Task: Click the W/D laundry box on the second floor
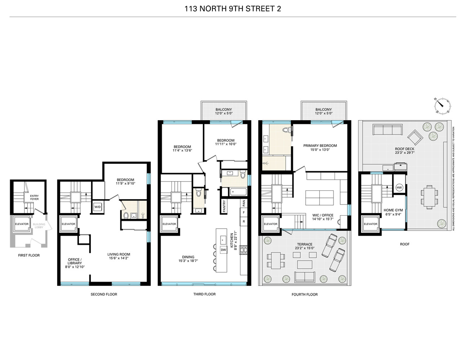click(x=97, y=207)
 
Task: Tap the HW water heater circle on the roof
click(x=399, y=188)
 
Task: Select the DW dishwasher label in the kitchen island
click(x=223, y=249)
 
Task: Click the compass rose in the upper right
click(x=442, y=105)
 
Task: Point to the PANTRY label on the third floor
click(x=224, y=207)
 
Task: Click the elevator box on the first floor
click(x=22, y=224)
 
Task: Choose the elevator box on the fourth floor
click(x=270, y=224)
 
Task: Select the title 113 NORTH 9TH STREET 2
click(x=233, y=9)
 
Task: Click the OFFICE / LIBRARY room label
click(x=75, y=261)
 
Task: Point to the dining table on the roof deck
click(x=429, y=197)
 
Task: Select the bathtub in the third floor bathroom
click(x=234, y=192)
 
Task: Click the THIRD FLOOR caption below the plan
click(x=204, y=294)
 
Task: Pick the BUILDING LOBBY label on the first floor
click(x=39, y=226)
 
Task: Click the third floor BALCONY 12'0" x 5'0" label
click(x=224, y=111)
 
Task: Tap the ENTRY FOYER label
click(x=34, y=197)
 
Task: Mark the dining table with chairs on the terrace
click(x=276, y=260)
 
